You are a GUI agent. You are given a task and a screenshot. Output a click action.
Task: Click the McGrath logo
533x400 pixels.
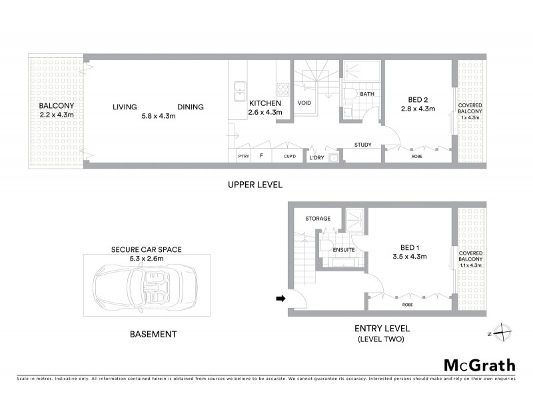[x=479, y=365]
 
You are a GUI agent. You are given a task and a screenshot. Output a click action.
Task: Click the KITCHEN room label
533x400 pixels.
[x=265, y=104]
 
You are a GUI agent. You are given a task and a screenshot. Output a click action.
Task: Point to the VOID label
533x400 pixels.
[x=304, y=103]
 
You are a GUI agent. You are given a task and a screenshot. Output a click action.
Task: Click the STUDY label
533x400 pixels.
[x=363, y=145]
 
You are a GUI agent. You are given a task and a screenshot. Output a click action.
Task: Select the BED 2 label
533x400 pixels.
[x=417, y=99]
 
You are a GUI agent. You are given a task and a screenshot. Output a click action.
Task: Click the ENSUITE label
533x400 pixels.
[x=344, y=250]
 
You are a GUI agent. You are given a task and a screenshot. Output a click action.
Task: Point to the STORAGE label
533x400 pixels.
[x=318, y=219]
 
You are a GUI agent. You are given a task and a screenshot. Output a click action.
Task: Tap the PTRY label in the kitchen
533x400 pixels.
[x=243, y=157]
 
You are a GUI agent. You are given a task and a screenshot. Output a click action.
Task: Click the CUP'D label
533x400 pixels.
[x=289, y=157]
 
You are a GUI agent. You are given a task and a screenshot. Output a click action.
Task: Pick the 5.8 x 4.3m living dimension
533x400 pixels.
[x=159, y=116]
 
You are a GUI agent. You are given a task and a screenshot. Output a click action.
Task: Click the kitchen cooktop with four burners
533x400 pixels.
[x=282, y=89]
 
